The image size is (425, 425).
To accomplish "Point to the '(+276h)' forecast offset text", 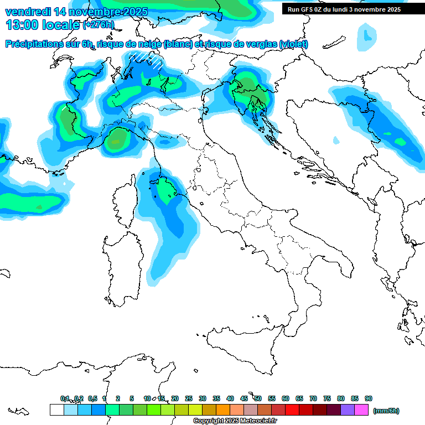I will click(x=99, y=25).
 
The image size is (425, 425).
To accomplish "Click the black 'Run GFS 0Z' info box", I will click(x=349, y=9).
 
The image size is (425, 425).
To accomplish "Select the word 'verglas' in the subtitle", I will click(x=260, y=44).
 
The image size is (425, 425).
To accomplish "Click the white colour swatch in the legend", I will click(x=56, y=410).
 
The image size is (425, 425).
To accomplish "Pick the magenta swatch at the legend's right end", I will click(x=361, y=410).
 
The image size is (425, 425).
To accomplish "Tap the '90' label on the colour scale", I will click(x=369, y=398).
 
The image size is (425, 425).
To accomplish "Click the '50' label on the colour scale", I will click(x=258, y=398).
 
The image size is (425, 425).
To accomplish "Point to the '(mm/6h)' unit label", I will click(x=386, y=411).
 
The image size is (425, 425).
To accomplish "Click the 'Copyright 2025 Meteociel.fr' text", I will click(x=235, y=421).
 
